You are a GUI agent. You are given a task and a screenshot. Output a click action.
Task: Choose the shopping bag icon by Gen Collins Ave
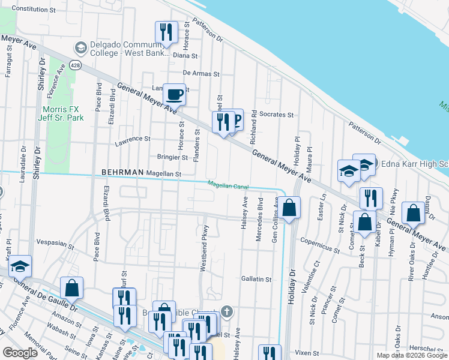[x=289, y=208]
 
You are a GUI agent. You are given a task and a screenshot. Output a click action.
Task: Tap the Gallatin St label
[x=256, y=279]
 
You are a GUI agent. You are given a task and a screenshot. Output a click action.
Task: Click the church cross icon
[x=226, y=311]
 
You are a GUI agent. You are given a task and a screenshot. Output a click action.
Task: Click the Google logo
[x=20, y=353]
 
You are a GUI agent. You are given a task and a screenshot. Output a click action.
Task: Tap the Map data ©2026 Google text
[x=412, y=355]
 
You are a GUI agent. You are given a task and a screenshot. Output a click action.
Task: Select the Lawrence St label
[x=132, y=139]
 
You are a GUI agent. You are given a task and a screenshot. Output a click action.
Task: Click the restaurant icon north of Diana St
[x=166, y=32]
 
